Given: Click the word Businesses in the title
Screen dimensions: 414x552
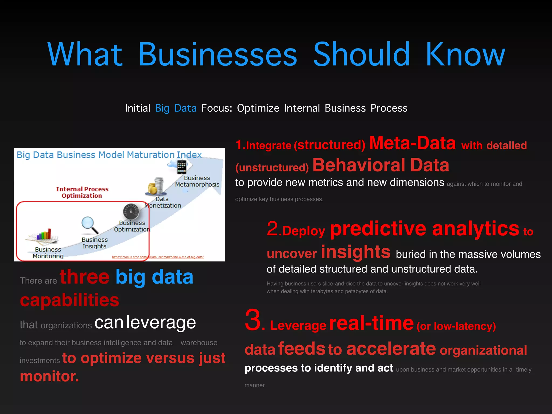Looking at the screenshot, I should tap(218, 54).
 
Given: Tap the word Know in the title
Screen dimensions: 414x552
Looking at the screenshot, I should tap(465, 54).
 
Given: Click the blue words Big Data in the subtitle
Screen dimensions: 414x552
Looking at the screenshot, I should tap(176, 108).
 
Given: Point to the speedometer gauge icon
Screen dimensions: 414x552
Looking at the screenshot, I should tap(131, 211).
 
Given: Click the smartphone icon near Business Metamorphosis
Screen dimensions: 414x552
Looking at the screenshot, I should tap(181, 167).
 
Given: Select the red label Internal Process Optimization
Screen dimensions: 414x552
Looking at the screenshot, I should tap(82, 192).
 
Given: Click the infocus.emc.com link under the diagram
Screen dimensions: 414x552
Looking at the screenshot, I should tap(158, 257).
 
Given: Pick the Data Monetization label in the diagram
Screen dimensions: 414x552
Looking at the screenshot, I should tap(163, 202).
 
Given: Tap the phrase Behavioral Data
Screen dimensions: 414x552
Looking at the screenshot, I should tap(381, 165).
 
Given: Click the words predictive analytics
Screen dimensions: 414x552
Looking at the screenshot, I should tap(425, 229).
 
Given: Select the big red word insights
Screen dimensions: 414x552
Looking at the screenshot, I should tap(356, 252).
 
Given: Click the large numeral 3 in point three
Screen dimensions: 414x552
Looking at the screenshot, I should tap(253, 320).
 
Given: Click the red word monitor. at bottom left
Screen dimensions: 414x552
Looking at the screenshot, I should tap(50, 376).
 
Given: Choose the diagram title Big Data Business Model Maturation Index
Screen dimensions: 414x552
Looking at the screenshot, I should tap(109, 155).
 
